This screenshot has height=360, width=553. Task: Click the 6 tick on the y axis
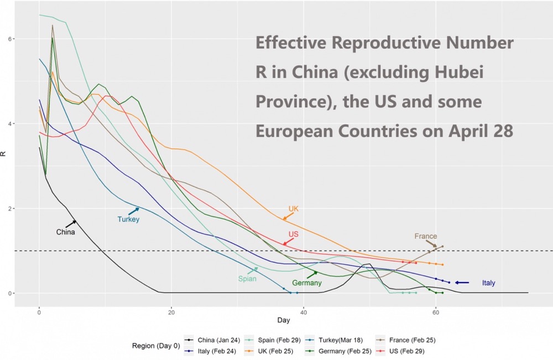(25, 39)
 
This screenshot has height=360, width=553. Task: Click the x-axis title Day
(284, 321)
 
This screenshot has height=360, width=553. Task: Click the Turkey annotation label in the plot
(128, 220)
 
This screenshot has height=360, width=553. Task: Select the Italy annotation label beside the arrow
(488, 283)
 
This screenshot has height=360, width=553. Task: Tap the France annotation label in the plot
(425, 237)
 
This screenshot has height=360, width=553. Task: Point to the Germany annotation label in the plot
(307, 283)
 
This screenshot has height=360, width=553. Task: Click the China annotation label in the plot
(65, 232)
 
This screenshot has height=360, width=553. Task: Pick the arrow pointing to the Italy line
(462, 283)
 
